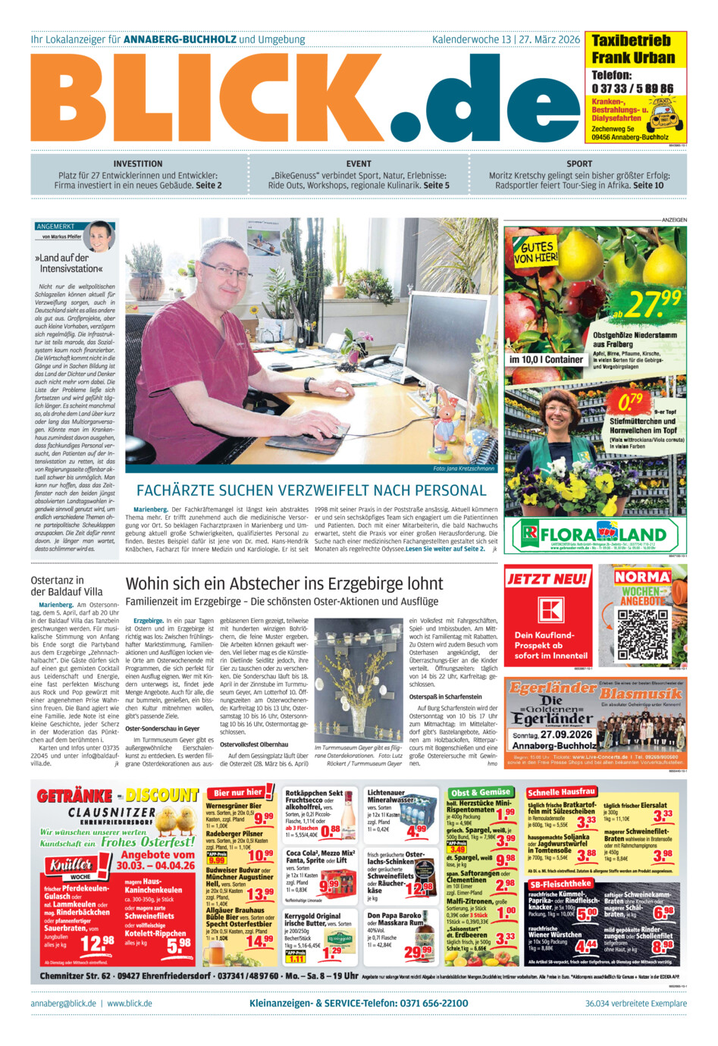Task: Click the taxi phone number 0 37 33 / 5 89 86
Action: (632, 89)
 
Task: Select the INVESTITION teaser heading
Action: (138, 164)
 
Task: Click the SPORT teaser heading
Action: (579, 164)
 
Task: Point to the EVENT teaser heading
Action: (359, 164)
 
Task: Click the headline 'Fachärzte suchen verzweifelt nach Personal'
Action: (311, 490)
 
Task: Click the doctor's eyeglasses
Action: (225, 270)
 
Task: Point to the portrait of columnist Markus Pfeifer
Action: (99, 236)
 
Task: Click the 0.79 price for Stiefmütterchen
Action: (630, 402)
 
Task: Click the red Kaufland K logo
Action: (551, 609)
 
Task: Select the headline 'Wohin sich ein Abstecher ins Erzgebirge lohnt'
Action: (284, 584)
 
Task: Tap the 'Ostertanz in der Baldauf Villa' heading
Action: (67, 585)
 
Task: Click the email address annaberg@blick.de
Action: (64, 1003)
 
